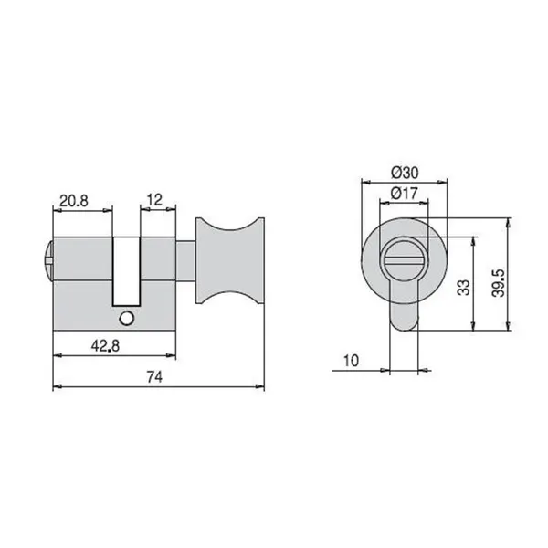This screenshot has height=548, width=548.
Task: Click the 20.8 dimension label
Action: pos(74,201)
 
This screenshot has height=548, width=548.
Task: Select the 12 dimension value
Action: pos(154,200)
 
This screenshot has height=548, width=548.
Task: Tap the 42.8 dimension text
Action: pos(105,346)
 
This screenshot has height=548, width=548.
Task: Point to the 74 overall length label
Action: pos(154,377)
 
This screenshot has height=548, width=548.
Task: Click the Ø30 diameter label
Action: pos(405,173)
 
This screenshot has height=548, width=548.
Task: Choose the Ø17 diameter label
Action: pos(404,193)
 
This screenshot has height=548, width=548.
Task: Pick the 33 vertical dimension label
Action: pos(464,288)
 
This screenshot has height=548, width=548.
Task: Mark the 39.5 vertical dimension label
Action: pos(498,283)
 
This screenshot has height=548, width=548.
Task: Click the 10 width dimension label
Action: pos(352,361)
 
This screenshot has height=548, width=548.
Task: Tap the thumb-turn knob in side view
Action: pos(229,260)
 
